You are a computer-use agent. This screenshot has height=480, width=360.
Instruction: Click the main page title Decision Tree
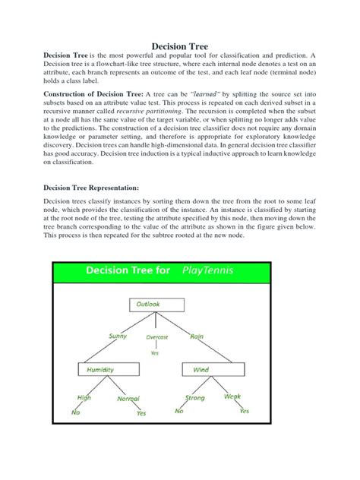179,47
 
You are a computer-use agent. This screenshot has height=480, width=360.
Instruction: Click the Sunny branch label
118,336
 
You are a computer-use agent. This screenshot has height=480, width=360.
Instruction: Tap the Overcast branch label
156,336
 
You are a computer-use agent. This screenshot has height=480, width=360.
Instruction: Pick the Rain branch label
196,336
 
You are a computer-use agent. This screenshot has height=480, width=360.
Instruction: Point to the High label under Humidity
83,397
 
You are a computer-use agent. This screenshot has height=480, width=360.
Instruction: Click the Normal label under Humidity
128,398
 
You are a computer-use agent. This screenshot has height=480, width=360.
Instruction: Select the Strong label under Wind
195,397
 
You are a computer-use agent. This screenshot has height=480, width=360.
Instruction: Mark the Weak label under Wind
232,396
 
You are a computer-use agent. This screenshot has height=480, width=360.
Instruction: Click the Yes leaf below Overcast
155,352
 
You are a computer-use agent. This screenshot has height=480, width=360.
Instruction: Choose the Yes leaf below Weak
244,412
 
